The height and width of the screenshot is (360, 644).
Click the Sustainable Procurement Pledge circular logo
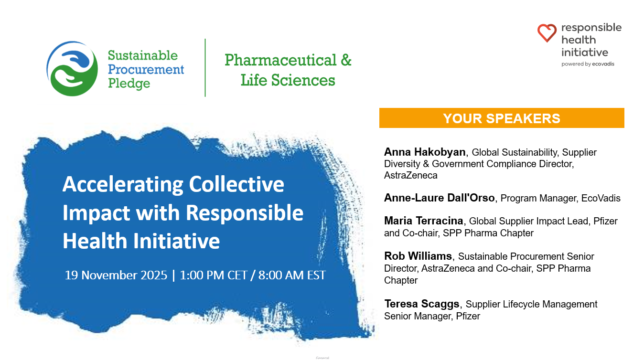point(72,69)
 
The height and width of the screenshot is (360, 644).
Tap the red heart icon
point(547,33)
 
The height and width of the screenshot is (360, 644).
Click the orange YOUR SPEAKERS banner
point(502,118)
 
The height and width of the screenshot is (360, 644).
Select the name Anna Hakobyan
point(425,152)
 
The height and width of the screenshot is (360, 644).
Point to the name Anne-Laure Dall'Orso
point(440,198)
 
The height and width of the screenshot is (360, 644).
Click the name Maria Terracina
point(423,221)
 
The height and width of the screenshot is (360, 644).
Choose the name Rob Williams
point(418,256)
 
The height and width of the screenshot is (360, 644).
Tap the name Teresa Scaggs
point(422,304)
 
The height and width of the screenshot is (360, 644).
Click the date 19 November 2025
point(116,275)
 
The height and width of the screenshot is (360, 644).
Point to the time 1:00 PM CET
point(214,275)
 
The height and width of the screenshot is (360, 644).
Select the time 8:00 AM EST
point(292,275)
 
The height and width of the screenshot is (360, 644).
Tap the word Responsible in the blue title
point(245,213)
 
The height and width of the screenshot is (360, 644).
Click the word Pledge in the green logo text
point(129,84)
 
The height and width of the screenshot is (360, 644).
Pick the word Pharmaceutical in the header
point(280,60)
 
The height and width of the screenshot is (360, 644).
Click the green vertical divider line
point(205,68)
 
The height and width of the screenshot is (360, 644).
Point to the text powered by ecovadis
point(588,64)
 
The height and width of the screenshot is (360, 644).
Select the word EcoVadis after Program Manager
point(601,198)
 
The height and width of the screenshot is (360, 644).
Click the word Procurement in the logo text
point(146,70)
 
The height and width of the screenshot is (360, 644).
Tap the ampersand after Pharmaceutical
point(346,60)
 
